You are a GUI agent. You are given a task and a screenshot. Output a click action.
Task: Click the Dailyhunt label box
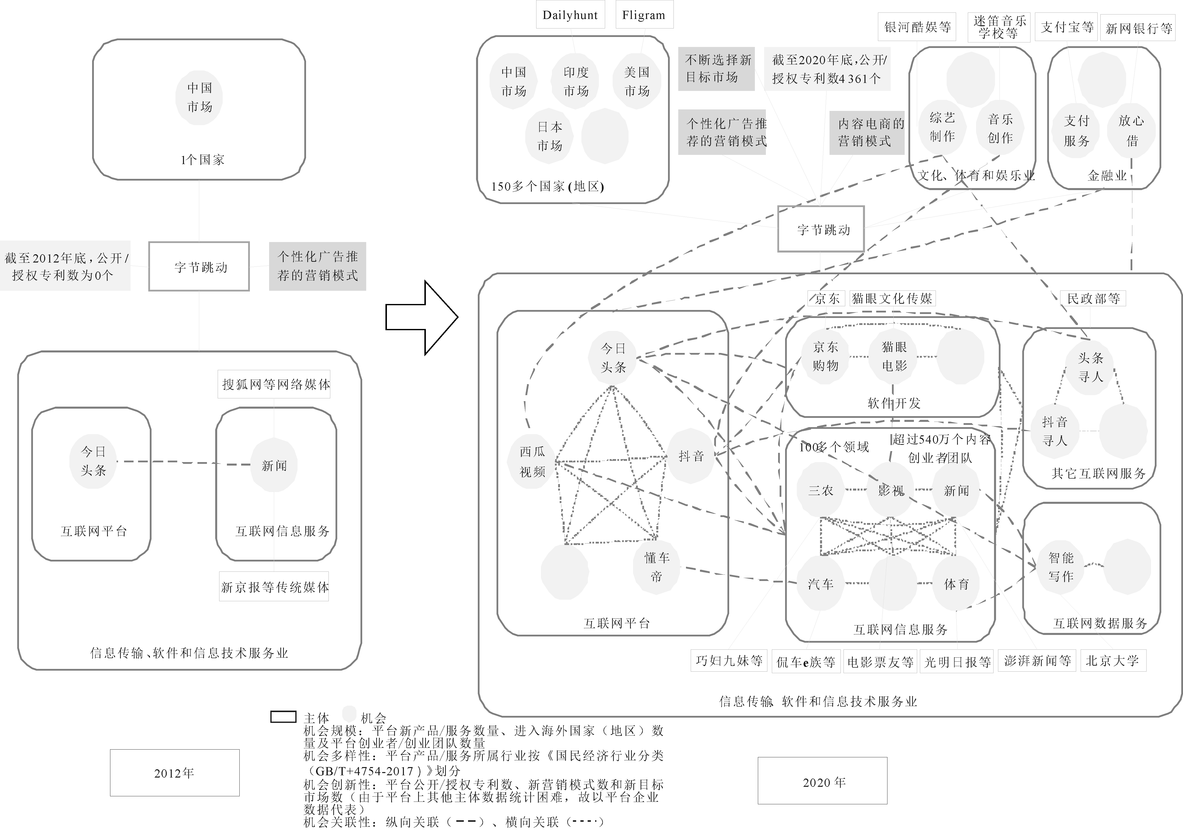570,15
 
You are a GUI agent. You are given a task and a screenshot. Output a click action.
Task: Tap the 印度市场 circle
576,81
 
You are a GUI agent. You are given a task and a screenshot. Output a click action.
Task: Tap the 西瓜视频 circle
532,461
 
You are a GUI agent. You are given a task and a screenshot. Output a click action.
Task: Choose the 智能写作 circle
1061,566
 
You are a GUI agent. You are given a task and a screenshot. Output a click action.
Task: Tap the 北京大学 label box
1112,661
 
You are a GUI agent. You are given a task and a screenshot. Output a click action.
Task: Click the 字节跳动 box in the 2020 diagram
821,229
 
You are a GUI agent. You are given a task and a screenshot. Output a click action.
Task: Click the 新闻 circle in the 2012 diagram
274,465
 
